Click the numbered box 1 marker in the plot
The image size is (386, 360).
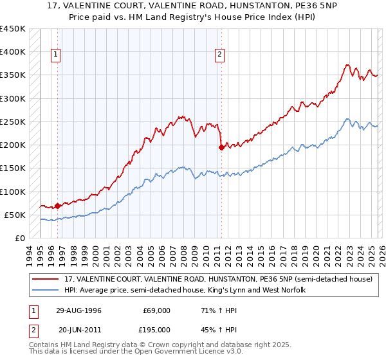tap(57, 55)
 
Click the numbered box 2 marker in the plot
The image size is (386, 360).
tap(220, 55)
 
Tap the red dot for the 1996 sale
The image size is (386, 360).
tap(57, 206)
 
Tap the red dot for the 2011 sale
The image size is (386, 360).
tap(221, 147)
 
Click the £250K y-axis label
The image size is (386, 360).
tap(13, 122)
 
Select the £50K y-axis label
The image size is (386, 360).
tap(15, 215)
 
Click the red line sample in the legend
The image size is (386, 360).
tap(46, 280)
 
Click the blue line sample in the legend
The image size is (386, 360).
tap(46, 291)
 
